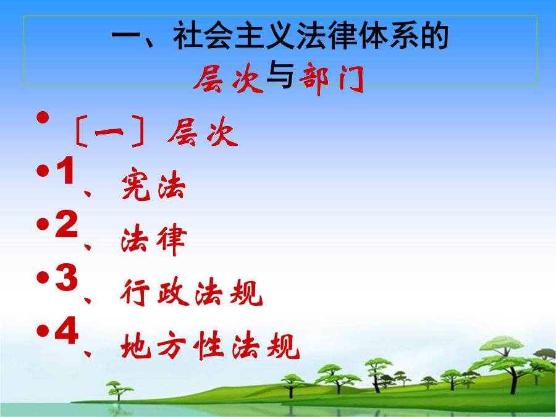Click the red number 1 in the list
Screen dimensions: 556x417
tap(65, 171)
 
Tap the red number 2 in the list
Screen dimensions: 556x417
tap(66, 224)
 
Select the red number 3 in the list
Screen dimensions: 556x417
tap(66, 277)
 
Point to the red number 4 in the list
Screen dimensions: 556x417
tap(66, 331)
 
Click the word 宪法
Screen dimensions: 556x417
tap(153, 183)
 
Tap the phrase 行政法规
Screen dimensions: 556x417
tap(192, 292)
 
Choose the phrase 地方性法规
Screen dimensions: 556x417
tap(210, 345)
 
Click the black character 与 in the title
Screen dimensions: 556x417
tap(280, 75)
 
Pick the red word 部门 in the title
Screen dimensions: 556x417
tap(332, 78)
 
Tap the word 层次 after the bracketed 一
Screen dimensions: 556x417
tap(203, 132)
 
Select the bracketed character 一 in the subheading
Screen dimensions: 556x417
tap(109, 132)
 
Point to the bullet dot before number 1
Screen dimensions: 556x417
tap(43, 171)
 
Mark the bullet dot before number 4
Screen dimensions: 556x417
tap(43, 331)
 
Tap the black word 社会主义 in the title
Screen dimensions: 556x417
tap(234, 35)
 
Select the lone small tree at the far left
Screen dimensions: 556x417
tap(118, 390)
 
